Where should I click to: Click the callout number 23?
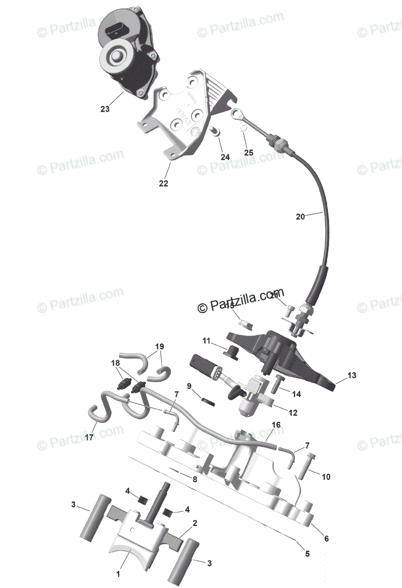click(x=105, y=109)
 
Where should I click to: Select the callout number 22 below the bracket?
click(x=163, y=183)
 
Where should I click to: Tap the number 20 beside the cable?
click(x=301, y=216)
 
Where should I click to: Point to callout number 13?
click(x=352, y=375)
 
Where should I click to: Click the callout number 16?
click(x=276, y=425)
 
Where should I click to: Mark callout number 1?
click(x=118, y=573)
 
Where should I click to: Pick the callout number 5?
click(x=307, y=554)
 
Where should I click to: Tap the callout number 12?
click(x=293, y=413)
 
